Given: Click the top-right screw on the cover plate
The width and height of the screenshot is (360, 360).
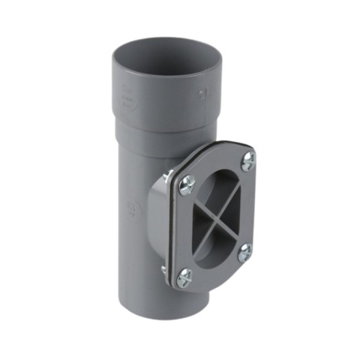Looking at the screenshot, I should pyautogui.click(x=248, y=160).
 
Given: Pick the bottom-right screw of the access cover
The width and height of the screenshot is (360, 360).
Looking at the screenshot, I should pyautogui.click(x=244, y=252).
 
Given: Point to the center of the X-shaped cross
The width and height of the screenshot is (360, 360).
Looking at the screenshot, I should pyautogui.click(x=217, y=218).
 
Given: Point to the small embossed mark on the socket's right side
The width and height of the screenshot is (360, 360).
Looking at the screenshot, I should pyautogui.click(x=200, y=94).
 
